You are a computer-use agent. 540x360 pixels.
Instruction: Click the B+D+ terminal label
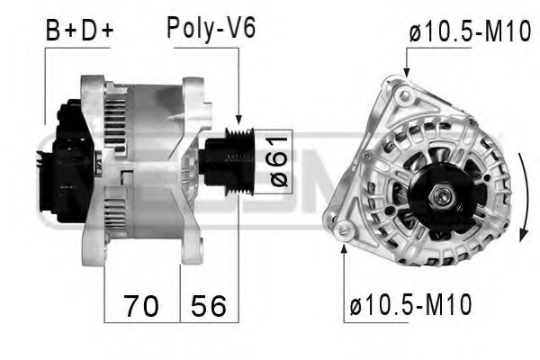coord(80,31)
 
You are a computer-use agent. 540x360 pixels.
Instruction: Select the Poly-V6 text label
coord(211,28)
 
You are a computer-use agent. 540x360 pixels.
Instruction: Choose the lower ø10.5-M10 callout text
coord(409,305)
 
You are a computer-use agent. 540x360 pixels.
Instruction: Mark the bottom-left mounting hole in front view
coord(343,231)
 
